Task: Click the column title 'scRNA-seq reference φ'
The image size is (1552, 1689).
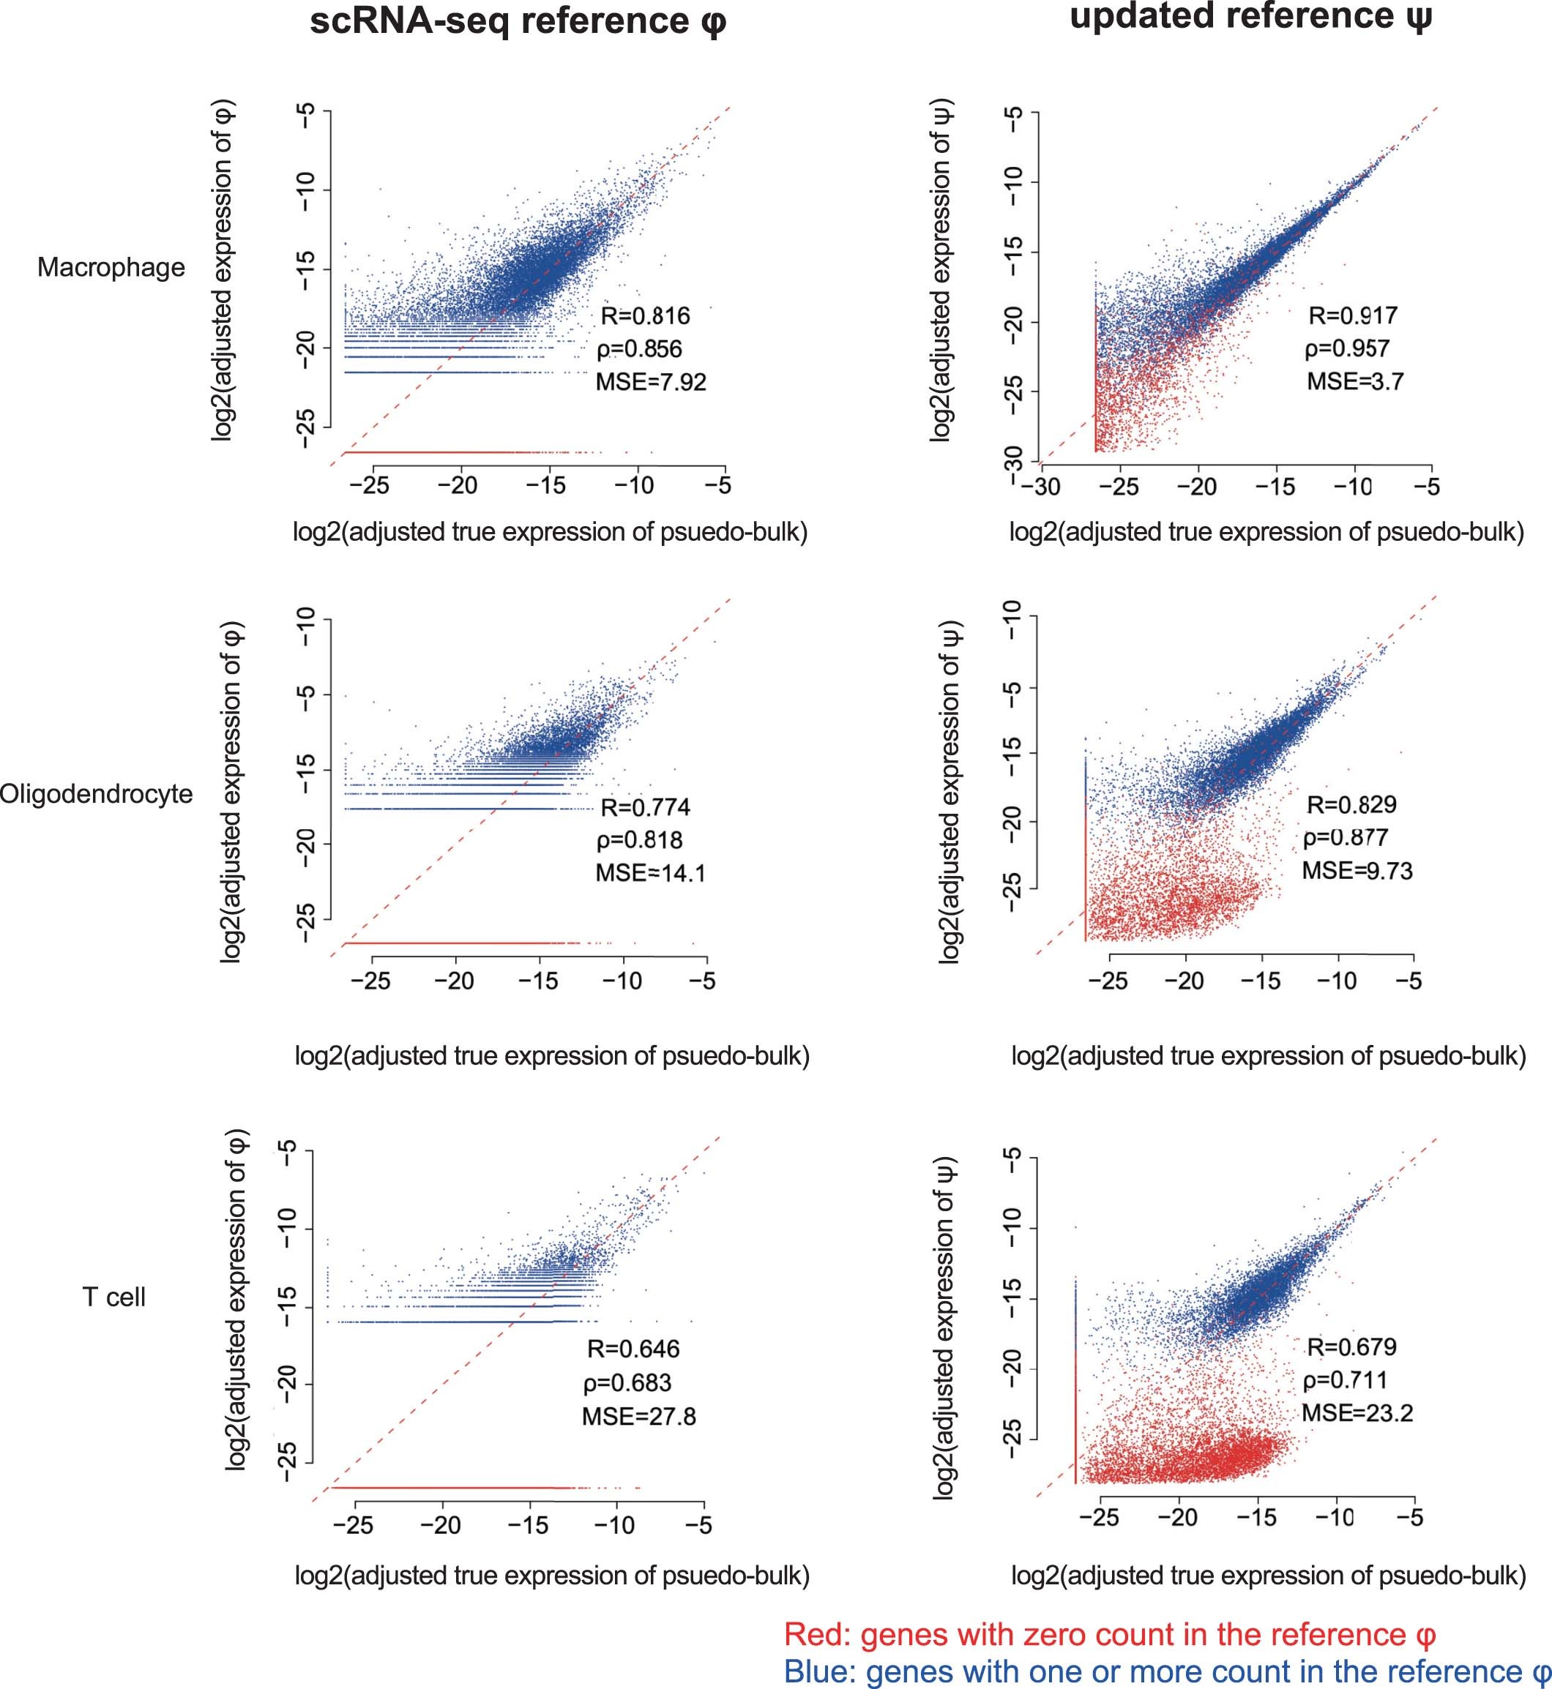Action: coord(518,21)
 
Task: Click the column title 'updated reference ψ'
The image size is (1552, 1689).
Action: coord(1250,17)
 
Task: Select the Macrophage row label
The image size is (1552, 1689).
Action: coord(111,267)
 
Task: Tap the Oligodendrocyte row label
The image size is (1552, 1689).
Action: coord(96,793)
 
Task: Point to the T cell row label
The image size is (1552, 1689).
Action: coord(114,1297)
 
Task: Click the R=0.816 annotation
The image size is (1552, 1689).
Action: coord(645,315)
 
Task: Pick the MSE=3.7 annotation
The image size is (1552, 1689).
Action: coord(1354,381)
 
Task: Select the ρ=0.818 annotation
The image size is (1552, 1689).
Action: coord(639,839)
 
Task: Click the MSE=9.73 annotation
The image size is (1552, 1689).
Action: coord(1357,871)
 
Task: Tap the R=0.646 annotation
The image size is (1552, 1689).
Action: coord(633,1349)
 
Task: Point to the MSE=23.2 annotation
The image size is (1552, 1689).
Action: coord(1357,1413)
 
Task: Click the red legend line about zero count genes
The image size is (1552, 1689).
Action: coord(1109,1634)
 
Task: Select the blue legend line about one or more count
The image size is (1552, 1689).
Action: coord(1166,1671)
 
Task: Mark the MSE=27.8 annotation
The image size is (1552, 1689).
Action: coord(638,1417)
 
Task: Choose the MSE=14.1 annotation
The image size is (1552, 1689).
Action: coord(650,873)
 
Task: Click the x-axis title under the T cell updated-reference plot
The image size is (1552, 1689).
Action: coord(1268,1576)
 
